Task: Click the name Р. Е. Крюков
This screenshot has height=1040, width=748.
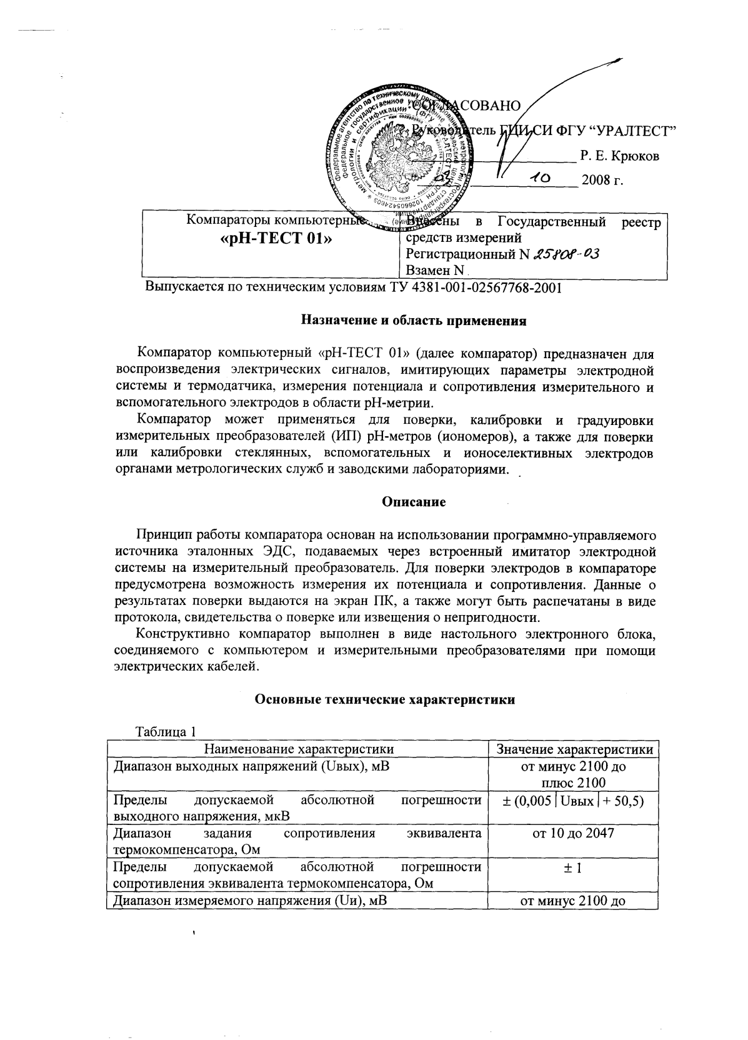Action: (619, 156)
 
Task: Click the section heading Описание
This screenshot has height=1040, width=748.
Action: (414, 502)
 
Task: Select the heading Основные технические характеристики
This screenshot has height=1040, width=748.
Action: (385, 699)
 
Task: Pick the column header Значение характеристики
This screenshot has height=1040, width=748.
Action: (574, 749)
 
